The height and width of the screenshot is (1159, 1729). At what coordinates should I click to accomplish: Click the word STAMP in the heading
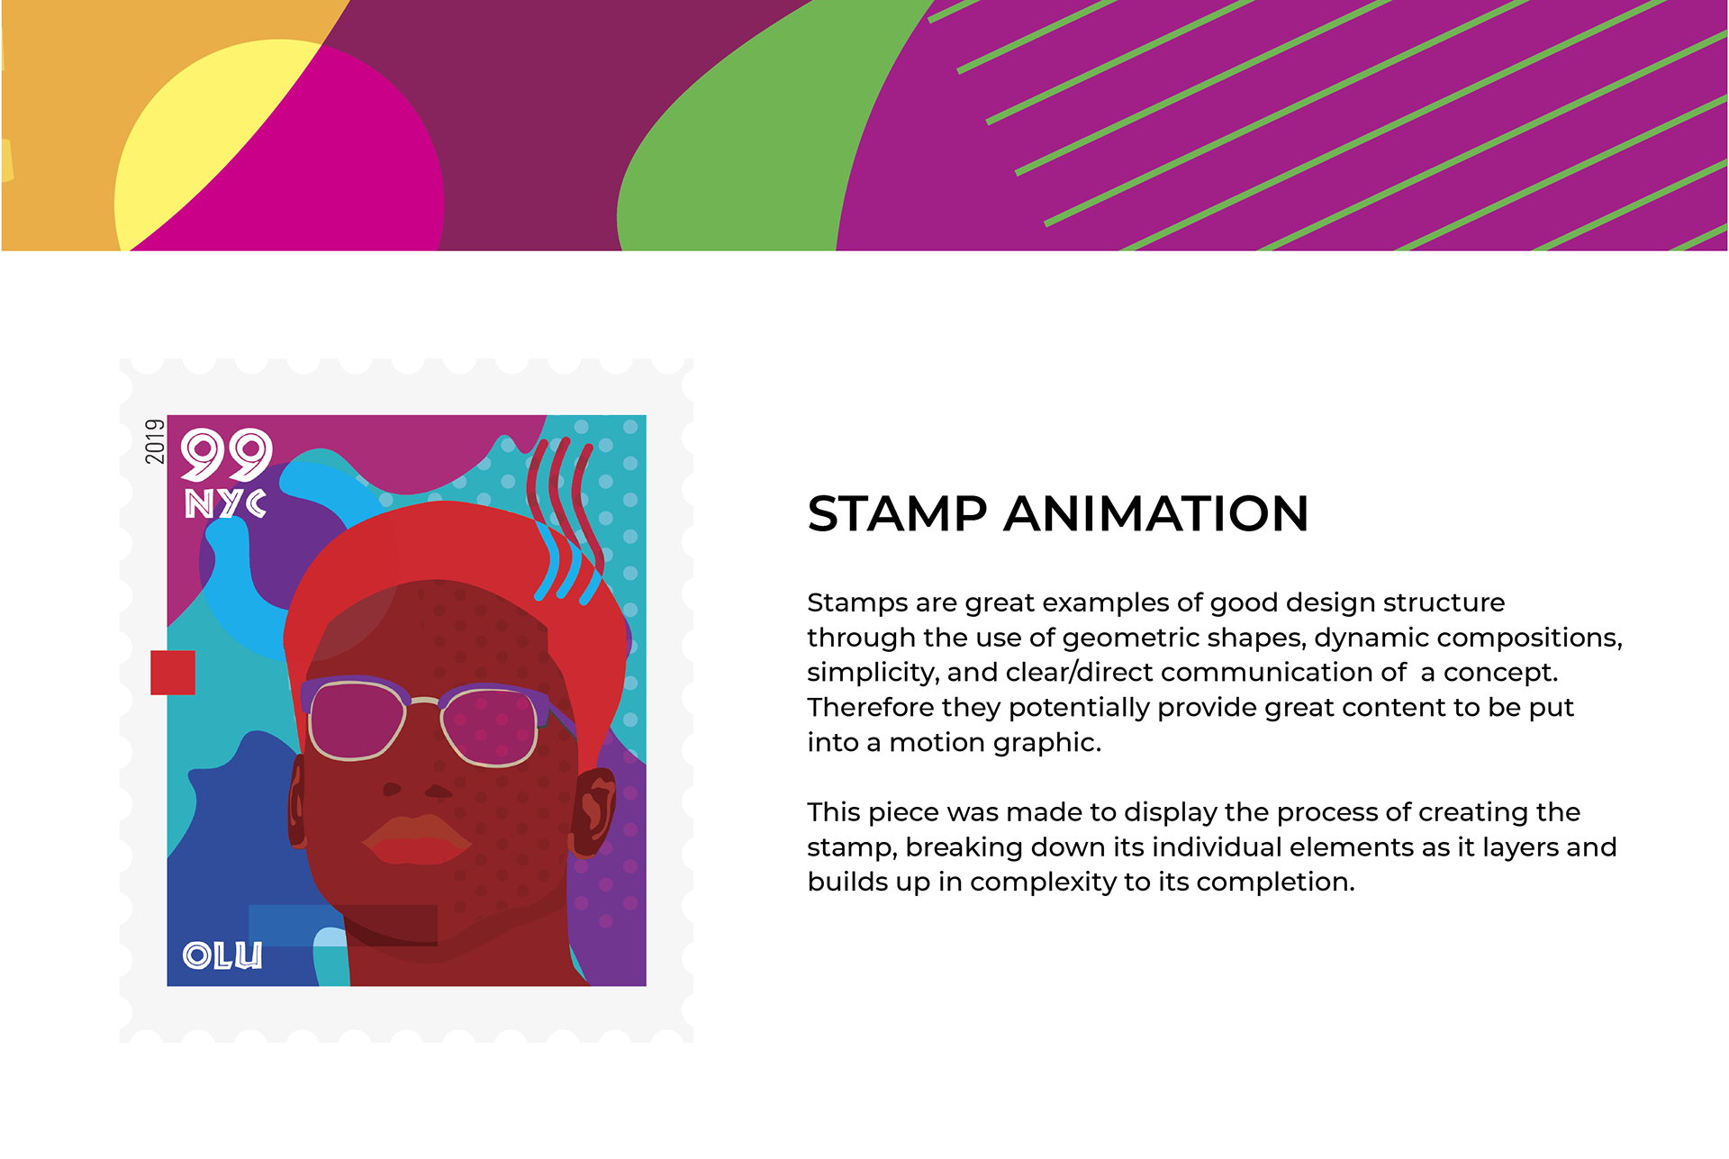coord(897,514)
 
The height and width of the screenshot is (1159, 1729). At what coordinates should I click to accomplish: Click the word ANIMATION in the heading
coord(1156,514)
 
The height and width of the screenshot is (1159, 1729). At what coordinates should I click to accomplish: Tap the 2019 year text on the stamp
coord(155,441)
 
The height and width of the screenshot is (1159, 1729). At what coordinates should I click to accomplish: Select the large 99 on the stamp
coord(227,455)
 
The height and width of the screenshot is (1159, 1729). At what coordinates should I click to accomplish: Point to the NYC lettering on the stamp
coord(225,503)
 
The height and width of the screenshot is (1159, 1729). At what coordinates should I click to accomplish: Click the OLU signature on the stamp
coord(222,955)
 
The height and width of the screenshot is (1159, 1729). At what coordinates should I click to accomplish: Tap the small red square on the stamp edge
coord(173,673)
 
